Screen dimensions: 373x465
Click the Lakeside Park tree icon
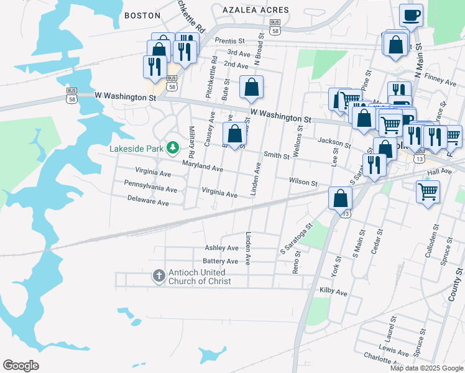click(174, 149)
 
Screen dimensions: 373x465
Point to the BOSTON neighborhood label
click(138, 16)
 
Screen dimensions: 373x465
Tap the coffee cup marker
click(411, 15)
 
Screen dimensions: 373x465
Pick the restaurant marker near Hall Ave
click(374, 165)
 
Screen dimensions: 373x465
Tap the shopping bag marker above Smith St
click(234, 134)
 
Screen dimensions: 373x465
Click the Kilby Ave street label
click(333, 292)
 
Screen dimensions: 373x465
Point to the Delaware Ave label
click(148, 203)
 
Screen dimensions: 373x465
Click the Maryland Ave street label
click(202, 168)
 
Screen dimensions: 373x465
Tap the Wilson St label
click(303, 183)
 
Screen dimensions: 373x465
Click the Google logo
click(21, 366)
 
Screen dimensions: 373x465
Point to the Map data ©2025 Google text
click(426, 368)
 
